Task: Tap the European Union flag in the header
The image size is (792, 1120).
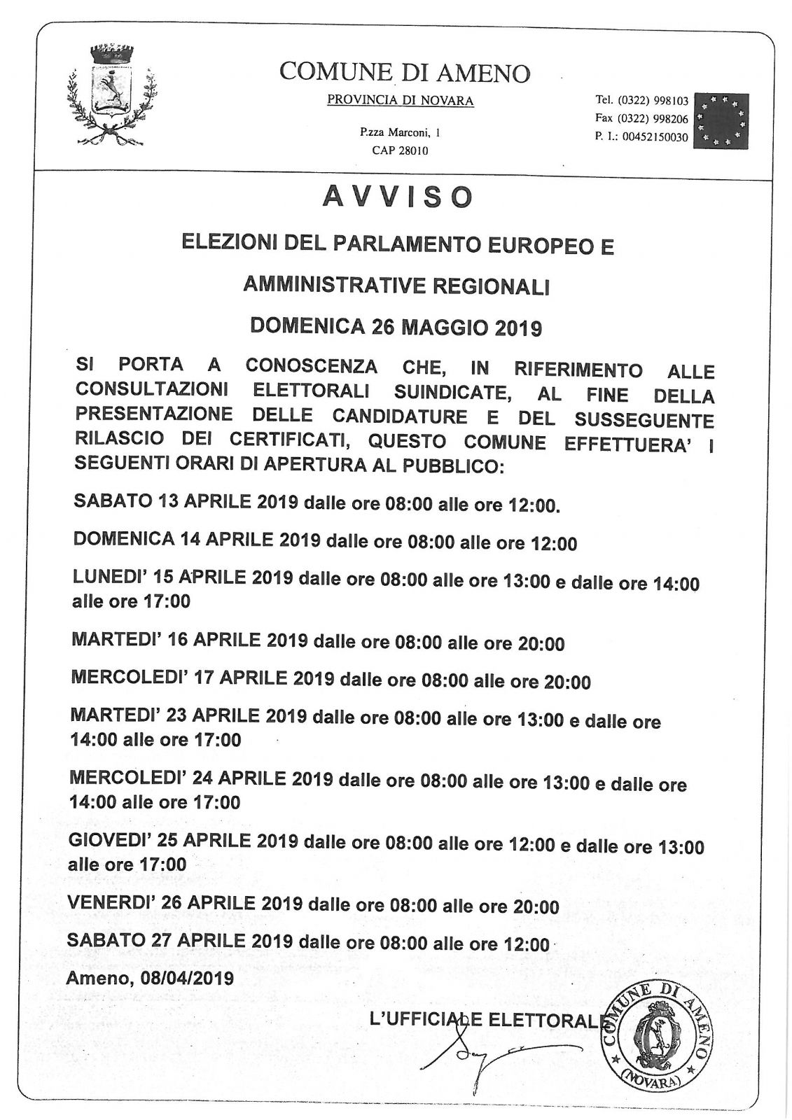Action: coord(720,120)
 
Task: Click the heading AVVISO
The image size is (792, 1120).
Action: coord(397,197)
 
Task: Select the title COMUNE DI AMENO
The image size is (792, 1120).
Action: coord(405,72)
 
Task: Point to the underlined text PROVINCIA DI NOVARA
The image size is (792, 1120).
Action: coord(400,101)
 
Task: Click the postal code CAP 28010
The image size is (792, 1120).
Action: coord(400,150)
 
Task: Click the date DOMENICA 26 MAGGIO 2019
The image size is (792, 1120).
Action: coord(396,326)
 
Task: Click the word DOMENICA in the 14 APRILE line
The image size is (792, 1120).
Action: coord(123,538)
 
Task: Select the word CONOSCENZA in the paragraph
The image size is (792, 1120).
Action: coord(311,365)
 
